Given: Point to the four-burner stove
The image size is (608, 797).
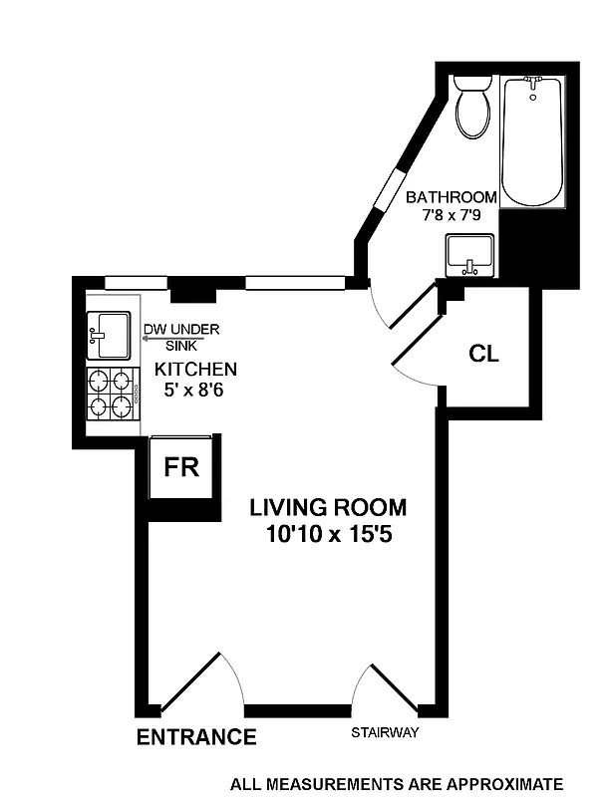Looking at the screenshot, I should point(111,392).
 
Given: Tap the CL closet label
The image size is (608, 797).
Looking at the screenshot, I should point(484,354).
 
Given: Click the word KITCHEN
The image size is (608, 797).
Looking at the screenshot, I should point(195,370).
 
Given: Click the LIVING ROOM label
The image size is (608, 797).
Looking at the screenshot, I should point(328,508).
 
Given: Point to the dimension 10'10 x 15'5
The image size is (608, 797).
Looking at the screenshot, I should point(328,534).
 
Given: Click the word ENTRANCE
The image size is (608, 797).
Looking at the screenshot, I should point(196,737).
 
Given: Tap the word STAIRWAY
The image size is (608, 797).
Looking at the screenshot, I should point(385,734).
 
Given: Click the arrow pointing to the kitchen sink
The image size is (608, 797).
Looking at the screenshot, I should point(159,340).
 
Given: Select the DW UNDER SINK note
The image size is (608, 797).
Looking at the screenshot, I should point(181,337).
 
